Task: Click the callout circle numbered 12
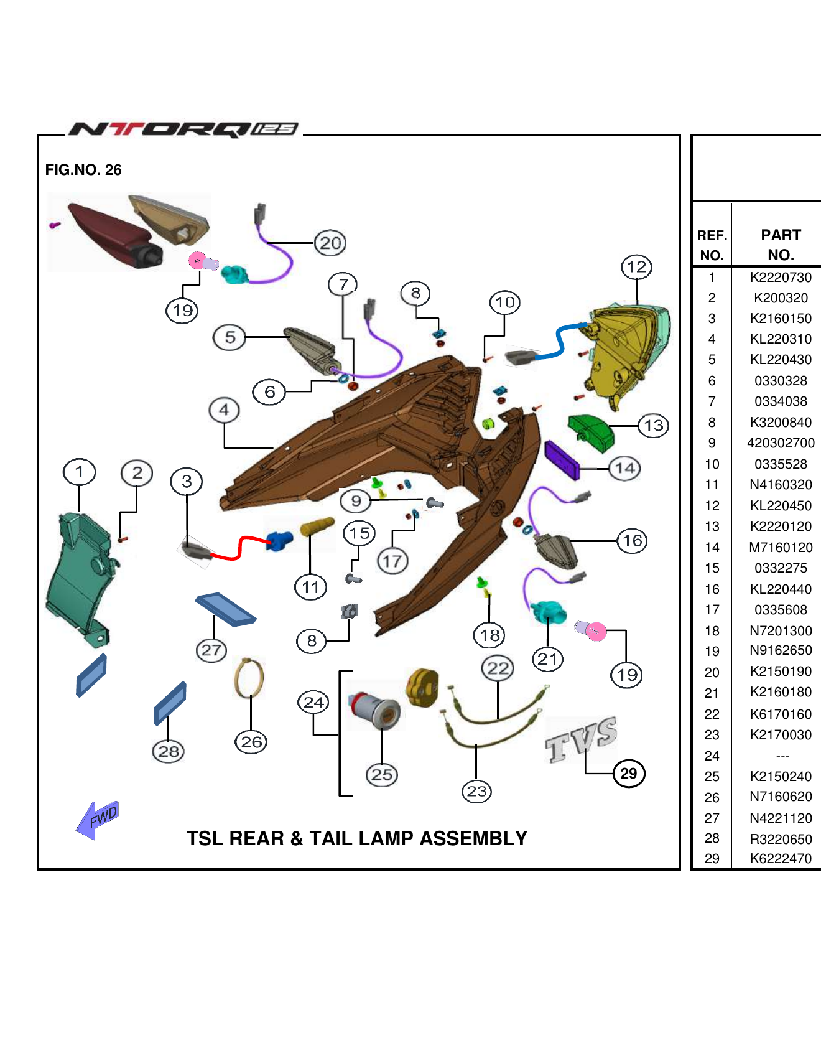(636, 268)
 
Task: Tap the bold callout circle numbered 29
(629, 774)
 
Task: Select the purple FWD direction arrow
(98, 820)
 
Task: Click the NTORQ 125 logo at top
(184, 129)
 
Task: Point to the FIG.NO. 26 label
(83, 170)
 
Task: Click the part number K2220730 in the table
(781, 278)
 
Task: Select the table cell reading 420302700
(781, 443)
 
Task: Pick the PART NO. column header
(781, 245)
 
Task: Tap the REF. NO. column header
(712, 245)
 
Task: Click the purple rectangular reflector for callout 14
(562, 460)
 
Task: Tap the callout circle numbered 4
(224, 410)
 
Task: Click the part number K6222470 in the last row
(781, 859)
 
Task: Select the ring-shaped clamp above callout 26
(249, 678)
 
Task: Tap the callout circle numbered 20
(330, 243)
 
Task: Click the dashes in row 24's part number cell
(782, 756)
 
